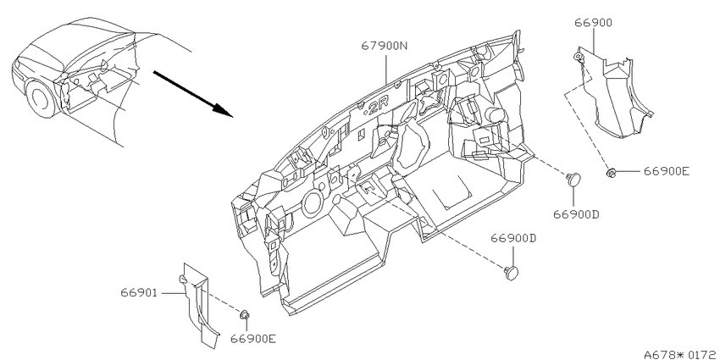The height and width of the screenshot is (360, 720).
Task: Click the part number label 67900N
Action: (385, 46)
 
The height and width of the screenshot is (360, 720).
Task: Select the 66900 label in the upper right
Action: (593, 23)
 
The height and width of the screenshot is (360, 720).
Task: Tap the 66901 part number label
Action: (139, 292)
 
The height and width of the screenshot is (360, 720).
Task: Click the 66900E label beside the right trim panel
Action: (667, 171)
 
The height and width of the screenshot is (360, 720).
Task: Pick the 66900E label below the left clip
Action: (253, 339)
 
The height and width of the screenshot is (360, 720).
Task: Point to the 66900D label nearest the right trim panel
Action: (576, 214)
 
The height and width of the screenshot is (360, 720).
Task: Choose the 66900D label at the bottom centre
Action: (514, 238)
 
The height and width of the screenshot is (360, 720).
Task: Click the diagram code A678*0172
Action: (681, 354)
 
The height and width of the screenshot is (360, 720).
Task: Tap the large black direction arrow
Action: (193, 94)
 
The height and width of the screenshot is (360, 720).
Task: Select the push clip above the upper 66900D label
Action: (573, 179)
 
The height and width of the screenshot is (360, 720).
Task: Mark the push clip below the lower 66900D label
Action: (511, 273)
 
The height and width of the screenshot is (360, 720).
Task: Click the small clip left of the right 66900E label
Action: (611, 173)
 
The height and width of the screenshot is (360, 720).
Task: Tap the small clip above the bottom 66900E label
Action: (245, 315)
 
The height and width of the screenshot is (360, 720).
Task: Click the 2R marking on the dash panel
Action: (378, 109)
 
